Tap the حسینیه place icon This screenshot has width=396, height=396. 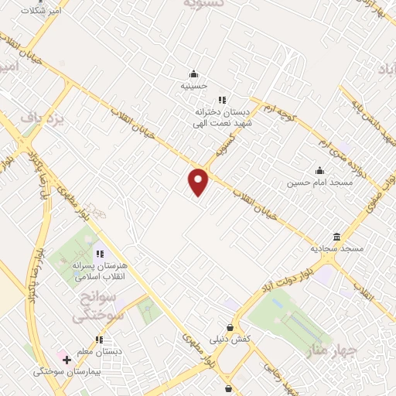pyautogui.click(x=193, y=74)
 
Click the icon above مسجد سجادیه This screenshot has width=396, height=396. pyautogui.click(x=336, y=237)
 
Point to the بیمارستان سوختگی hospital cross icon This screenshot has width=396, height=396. pyautogui.click(x=67, y=360)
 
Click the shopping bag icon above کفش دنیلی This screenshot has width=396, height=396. pyautogui.click(x=230, y=326)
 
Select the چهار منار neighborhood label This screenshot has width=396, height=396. pyautogui.click(x=333, y=353)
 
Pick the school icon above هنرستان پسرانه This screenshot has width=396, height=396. pyautogui.click(x=99, y=254)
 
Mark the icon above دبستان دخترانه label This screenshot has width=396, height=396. pyautogui.click(x=222, y=100)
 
